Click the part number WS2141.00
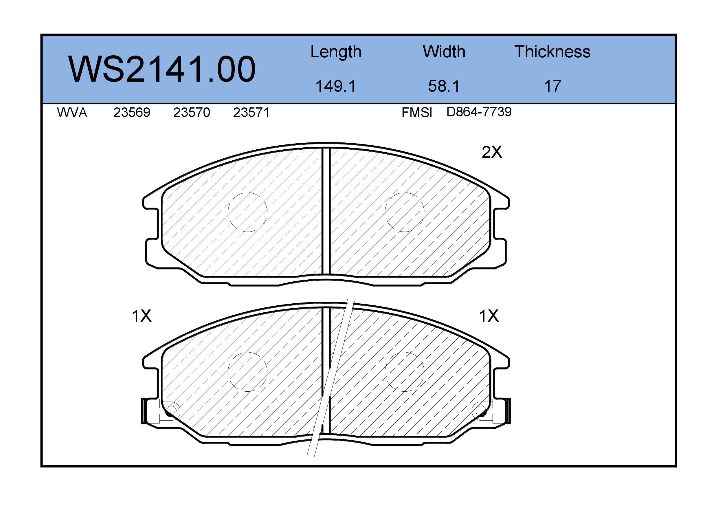pos(162,69)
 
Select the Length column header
pos(336,52)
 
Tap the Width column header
pos(444,52)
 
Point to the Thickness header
pos(552,52)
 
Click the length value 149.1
pos(336,86)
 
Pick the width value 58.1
pos(444,86)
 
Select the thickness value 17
pos(552,86)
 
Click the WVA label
pos(72,112)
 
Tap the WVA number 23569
pos(132,112)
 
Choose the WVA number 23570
pos(191,112)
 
